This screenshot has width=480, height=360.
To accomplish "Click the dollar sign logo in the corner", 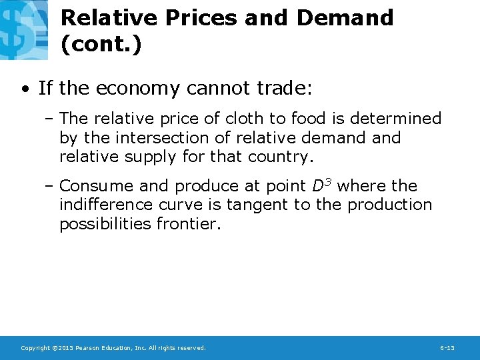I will click(24, 29).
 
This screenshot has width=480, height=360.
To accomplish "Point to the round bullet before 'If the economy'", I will click(24, 89).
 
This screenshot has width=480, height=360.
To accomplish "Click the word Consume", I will click(95, 186).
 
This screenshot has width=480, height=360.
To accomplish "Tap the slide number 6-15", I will click(447, 348).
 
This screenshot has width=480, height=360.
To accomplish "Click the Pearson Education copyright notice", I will click(113, 348).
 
